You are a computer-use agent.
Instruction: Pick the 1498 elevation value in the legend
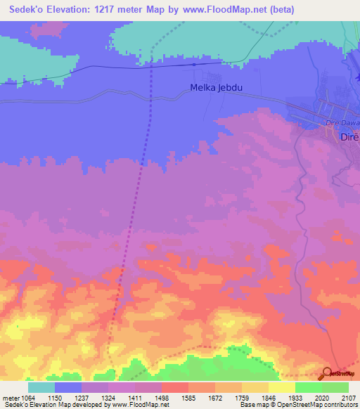click(161, 398)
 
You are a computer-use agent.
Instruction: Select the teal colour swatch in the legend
click(41, 387)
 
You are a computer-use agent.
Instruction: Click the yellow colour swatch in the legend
click(281, 387)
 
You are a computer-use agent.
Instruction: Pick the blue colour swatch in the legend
click(68, 387)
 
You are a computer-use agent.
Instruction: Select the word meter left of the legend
click(10, 398)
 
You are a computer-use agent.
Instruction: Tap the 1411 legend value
click(134, 398)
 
